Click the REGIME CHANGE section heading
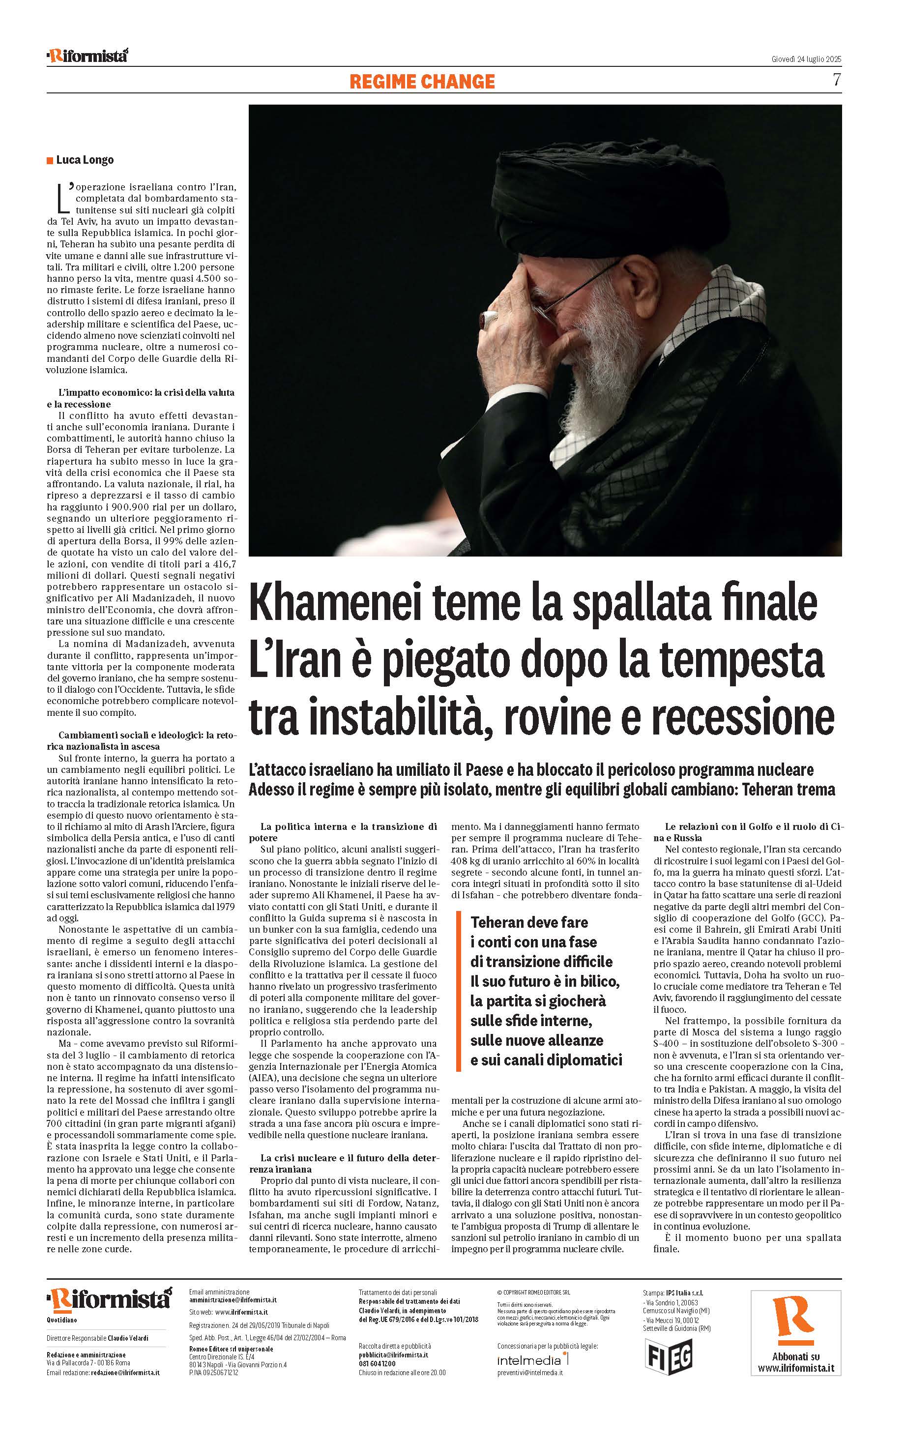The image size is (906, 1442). click(422, 82)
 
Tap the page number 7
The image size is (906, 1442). click(837, 80)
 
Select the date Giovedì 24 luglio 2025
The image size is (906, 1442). click(806, 59)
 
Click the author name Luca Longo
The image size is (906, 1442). click(85, 160)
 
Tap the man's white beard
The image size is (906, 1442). click(590, 383)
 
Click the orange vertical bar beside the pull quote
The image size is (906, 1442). click(458, 991)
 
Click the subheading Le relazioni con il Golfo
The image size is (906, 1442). click(747, 832)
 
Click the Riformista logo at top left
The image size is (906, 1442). click(88, 56)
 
